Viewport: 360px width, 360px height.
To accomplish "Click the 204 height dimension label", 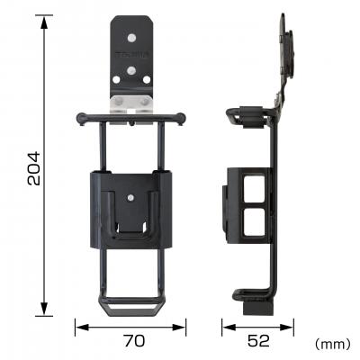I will coord(32,167).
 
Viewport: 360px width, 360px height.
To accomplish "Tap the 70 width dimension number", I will coord(132,342).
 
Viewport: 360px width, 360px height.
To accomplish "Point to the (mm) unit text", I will coord(332,344).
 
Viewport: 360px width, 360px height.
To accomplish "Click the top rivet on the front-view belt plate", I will coord(132,39).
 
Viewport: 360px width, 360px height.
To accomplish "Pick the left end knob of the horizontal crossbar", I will coord(81,117).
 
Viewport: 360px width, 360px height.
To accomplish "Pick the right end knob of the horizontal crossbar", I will coord(184,117).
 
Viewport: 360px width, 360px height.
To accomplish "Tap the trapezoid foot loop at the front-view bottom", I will coord(132,308).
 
